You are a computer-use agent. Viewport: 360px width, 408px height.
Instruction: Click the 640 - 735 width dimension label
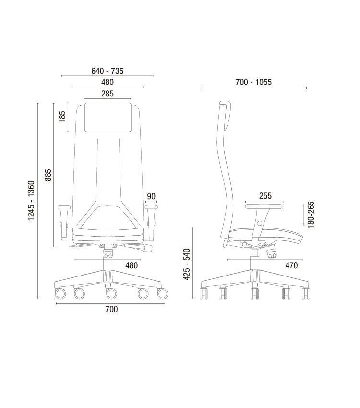pyautogui.click(x=108, y=71)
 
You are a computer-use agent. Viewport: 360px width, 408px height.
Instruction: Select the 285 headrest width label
pyautogui.click(x=108, y=94)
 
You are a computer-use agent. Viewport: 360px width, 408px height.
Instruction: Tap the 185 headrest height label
pyautogui.click(x=62, y=117)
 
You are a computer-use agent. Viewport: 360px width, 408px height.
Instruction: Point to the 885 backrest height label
pyautogui.click(x=48, y=175)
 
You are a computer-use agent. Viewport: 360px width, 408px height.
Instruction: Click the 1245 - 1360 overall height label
pyautogui.click(x=31, y=201)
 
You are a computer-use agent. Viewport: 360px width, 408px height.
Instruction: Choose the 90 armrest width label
pyautogui.click(x=151, y=196)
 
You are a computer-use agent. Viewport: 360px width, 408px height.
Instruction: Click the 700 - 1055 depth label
pyautogui.click(x=253, y=82)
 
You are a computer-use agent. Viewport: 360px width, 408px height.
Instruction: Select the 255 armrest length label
pyautogui.click(x=265, y=196)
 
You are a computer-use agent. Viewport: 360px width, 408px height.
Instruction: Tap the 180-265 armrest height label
pyautogui.click(x=311, y=215)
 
